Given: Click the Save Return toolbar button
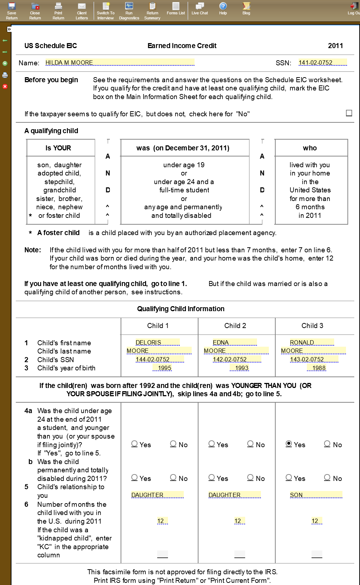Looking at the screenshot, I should click(x=11, y=11).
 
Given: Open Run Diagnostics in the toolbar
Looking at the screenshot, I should click(x=129, y=11).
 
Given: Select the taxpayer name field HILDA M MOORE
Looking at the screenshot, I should click(x=120, y=62).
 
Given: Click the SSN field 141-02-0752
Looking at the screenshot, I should click(x=322, y=62).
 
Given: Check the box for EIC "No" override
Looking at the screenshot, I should click(x=349, y=113).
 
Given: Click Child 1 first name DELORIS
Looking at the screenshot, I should click(x=157, y=342).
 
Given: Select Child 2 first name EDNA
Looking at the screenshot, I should click(x=234, y=342).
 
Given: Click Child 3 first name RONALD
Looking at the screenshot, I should click(x=312, y=342).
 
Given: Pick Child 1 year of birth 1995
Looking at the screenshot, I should click(x=164, y=368).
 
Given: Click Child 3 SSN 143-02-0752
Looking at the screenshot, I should click(x=314, y=359).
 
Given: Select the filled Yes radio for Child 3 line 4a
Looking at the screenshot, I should click(x=289, y=444).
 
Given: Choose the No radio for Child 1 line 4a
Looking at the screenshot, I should click(x=173, y=444).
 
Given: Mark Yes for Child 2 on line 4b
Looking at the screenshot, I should click(x=211, y=478).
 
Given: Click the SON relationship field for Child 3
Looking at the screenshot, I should click(x=316, y=495).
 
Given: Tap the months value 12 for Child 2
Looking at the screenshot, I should click(x=238, y=521).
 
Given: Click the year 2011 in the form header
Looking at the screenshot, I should click(x=335, y=46).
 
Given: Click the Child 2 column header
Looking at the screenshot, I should click(x=235, y=326).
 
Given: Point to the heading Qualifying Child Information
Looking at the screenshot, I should click(x=181, y=309).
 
